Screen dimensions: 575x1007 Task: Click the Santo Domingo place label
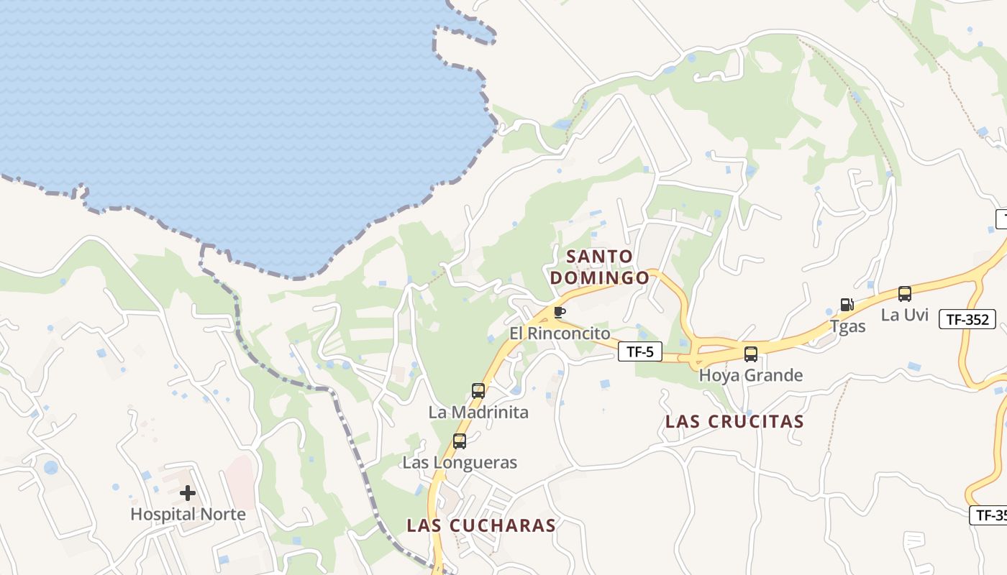click(x=599, y=267)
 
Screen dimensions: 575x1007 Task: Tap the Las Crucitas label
click(x=734, y=421)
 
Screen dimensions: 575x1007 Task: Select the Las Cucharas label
click(x=481, y=525)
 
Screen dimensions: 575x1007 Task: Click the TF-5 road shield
click(x=639, y=351)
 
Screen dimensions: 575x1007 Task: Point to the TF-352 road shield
click(x=967, y=320)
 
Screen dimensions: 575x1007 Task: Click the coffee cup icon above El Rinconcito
click(x=560, y=312)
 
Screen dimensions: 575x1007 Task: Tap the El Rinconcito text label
click(x=560, y=333)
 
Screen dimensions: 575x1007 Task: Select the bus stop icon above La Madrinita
click(x=478, y=391)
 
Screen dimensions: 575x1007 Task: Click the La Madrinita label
click(x=478, y=413)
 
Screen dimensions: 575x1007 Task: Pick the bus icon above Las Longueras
click(x=460, y=441)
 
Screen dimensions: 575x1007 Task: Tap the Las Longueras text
click(x=460, y=462)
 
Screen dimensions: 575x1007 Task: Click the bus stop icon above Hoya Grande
click(x=751, y=354)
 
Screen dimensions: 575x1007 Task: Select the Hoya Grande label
click(x=751, y=375)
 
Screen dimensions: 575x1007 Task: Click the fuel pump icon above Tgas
click(x=847, y=305)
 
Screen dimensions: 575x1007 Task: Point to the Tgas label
click(x=847, y=326)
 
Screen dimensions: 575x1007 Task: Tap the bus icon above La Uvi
click(x=905, y=293)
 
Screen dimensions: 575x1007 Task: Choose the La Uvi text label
click(x=905, y=315)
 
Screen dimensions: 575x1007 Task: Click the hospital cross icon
click(x=188, y=493)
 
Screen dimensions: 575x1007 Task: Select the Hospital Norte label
click(x=188, y=515)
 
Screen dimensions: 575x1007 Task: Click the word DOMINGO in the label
click(x=599, y=277)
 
